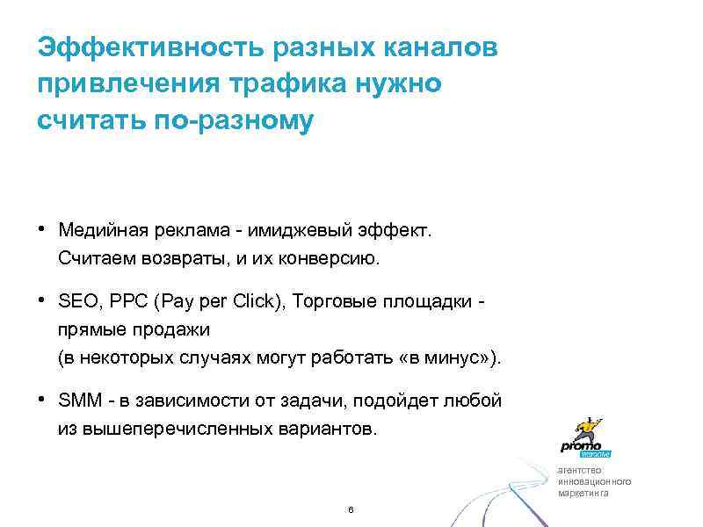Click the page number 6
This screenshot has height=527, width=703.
(x=351, y=510)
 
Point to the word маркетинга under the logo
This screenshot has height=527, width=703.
(x=583, y=493)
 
